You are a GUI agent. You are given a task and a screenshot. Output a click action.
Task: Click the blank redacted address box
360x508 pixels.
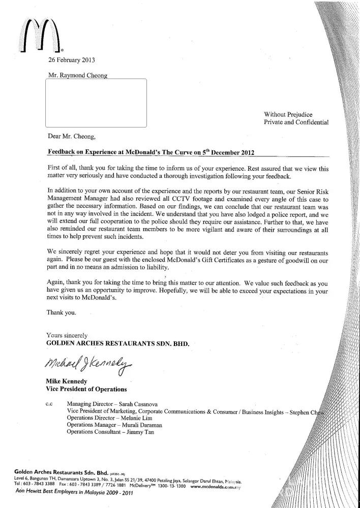(96, 103)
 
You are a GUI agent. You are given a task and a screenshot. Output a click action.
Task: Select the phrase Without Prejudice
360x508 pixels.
(288, 113)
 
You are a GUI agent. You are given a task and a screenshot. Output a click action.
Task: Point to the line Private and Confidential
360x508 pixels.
(296, 122)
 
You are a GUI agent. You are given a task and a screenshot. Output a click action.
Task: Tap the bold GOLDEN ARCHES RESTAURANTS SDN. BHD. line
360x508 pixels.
(117, 343)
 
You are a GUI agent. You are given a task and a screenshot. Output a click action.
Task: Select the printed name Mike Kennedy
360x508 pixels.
(67, 381)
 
